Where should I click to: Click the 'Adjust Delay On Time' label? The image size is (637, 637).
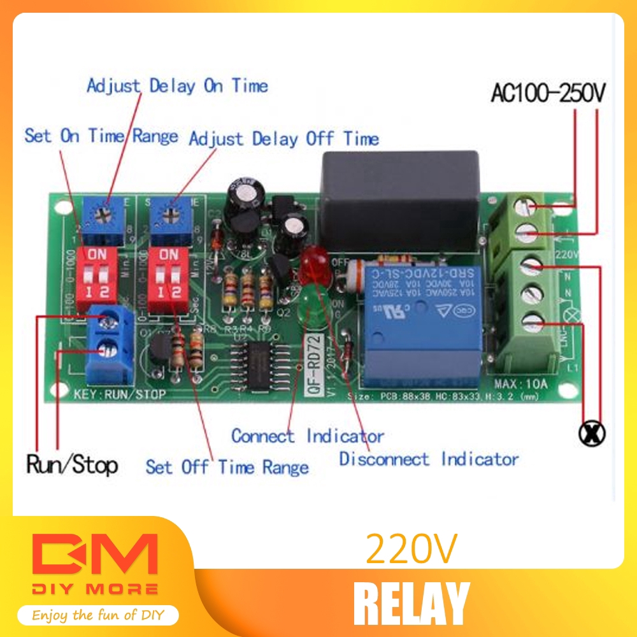(177, 86)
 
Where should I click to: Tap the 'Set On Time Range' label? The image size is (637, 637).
(101, 136)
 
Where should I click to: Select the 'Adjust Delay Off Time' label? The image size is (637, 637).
(283, 139)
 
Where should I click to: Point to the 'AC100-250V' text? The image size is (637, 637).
(548, 94)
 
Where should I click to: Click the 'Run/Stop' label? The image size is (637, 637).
(72, 464)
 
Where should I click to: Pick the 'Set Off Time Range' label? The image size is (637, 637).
(227, 467)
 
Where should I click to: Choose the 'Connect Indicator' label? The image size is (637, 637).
(307, 436)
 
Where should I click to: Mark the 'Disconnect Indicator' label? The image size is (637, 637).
(429, 459)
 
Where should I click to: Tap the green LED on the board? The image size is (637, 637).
(313, 303)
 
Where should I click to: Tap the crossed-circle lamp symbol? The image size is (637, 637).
(592, 434)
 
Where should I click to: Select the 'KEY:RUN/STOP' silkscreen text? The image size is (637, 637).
(120, 394)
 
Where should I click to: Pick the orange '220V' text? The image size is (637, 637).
(411, 549)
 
